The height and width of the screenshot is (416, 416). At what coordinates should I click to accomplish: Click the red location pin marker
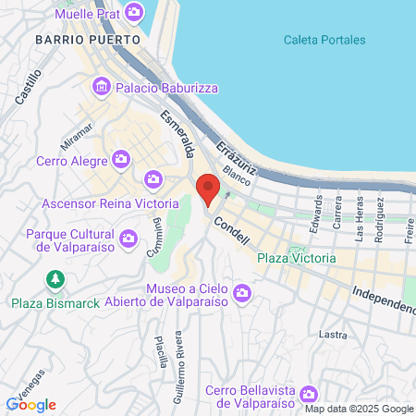click(x=209, y=188)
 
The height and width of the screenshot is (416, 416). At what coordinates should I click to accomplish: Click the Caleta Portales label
click(x=324, y=40)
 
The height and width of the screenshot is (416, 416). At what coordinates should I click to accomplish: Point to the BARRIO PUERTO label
click(x=88, y=40)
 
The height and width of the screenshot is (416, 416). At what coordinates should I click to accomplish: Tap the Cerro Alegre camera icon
click(x=121, y=160)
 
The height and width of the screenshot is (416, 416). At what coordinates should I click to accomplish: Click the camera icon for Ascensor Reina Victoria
click(x=153, y=178)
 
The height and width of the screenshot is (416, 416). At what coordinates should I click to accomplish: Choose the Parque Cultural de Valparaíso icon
click(x=129, y=238)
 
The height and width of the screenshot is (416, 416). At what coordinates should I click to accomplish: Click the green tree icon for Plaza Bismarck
click(x=55, y=280)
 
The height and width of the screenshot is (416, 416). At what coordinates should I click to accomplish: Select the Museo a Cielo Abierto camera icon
click(x=242, y=294)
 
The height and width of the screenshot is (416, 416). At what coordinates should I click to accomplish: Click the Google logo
click(x=31, y=404)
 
